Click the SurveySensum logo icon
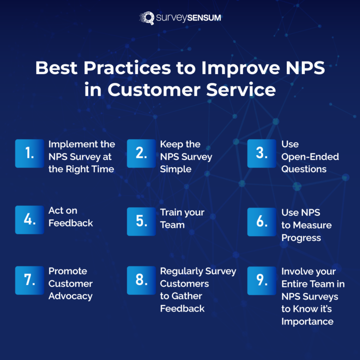click(147, 18)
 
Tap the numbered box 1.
click(30, 153)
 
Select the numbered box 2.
click(141, 153)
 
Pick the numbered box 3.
click(262, 153)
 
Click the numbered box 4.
click(30, 219)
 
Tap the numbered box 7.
click(30, 280)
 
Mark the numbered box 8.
click(141, 280)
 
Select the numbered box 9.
click(262, 280)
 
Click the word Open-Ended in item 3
click(310, 157)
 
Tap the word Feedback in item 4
click(71, 223)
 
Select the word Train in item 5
click(171, 212)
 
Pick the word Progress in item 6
click(301, 238)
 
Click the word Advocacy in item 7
click(70, 296)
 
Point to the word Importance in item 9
click(307, 322)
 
